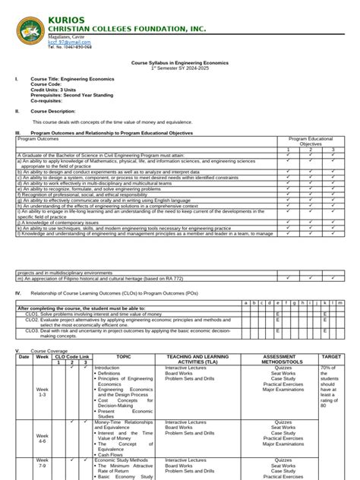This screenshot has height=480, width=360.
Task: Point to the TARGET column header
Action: [x=331, y=355]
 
